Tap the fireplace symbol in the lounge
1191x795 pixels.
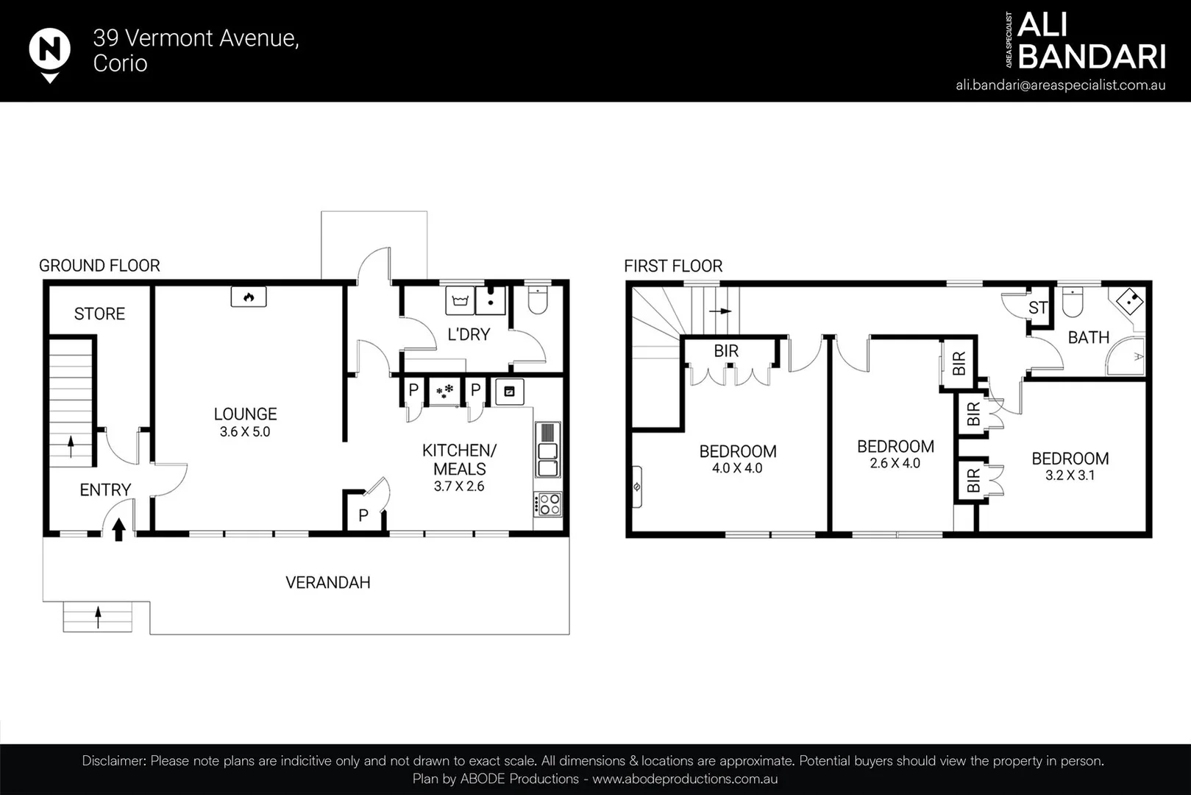tap(249, 297)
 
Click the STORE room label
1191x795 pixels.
tap(99, 314)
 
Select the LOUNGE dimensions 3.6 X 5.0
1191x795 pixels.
tap(245, 431)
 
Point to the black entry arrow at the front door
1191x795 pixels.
tap(119, 529)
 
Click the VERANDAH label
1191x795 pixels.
tap(328, 583)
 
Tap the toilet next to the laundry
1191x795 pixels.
tap(538, 300)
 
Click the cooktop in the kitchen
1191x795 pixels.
tap(548, 504)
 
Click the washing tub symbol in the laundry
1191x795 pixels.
tap(460, 300)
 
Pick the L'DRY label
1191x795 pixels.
tap(469, 335)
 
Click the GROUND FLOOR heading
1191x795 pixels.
tap(99, 266)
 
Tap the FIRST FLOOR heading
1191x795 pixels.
tap(673, 266)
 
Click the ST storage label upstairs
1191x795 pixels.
tap(1038, 308)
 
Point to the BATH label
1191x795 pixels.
tap(1089, 337)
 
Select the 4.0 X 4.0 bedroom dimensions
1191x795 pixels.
tap(737, 468)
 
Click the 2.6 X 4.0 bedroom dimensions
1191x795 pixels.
tap(895, 464)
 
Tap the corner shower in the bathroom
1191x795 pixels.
tap(1126, 356)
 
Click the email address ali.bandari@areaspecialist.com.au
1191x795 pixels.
tap(1061, 85)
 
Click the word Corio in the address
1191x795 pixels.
tap(120, 63)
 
